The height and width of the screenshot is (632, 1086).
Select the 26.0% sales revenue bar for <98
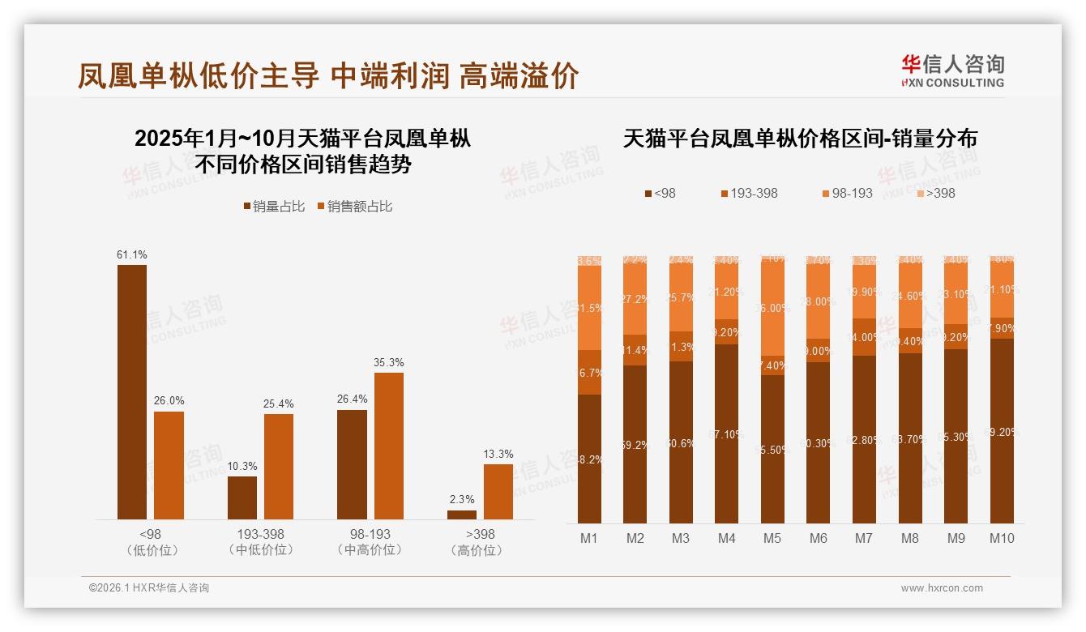coord(169,465)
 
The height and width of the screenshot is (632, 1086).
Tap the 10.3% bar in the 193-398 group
coord(242,497)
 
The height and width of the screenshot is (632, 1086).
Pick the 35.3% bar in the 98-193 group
coord(388,446)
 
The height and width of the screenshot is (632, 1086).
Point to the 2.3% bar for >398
coord(462,515)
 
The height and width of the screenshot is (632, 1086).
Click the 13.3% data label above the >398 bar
coord(498,454)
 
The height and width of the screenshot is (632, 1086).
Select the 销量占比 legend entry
coord(274,207)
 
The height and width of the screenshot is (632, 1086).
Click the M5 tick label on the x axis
coord(772,538)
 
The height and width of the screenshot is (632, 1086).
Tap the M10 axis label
coord(1002,538)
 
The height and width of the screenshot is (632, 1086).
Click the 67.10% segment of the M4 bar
coord(726,433)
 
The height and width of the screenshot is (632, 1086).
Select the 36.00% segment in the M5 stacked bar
coord(772,309)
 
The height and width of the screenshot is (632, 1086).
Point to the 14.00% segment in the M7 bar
coord(864,337)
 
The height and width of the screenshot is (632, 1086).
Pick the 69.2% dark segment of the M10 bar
coord(1002,431)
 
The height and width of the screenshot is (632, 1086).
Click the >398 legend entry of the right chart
coord(935,193)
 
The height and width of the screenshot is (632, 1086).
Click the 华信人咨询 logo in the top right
coord(952,70)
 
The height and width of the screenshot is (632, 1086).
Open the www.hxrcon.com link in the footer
coord(942,588)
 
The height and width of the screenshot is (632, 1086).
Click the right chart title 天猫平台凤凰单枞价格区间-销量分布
coord(800,139)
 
